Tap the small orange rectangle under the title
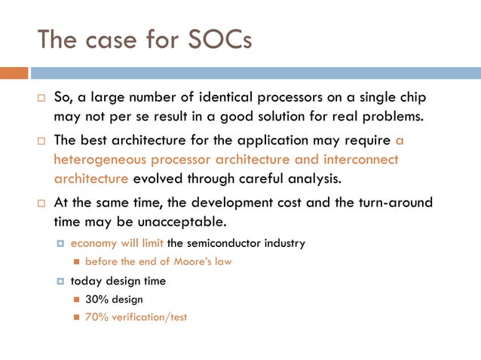(14, 73)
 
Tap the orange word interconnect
(357, 160)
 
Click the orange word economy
(93, 243)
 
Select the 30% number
(96, 299)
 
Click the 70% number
(96, 317)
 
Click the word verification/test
(151, 317)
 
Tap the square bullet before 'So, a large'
(42, 99)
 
